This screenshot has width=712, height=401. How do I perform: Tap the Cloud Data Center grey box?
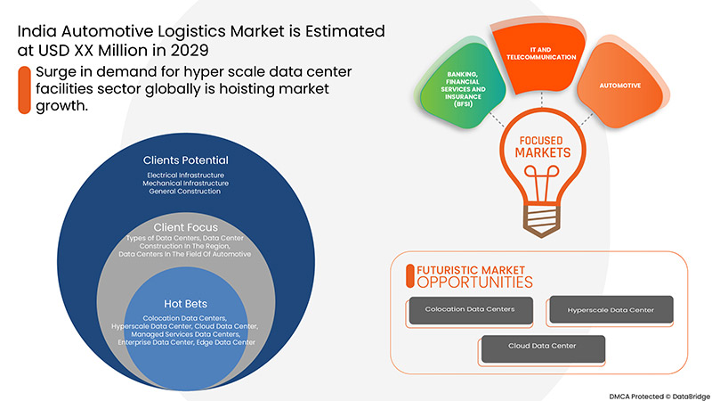pyautogui.click(x=541, y=347)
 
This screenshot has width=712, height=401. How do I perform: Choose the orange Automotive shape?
pyautogui.click(x=622, y=86)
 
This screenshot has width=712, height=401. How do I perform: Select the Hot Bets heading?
pyautogui.click(x=186, y=304)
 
